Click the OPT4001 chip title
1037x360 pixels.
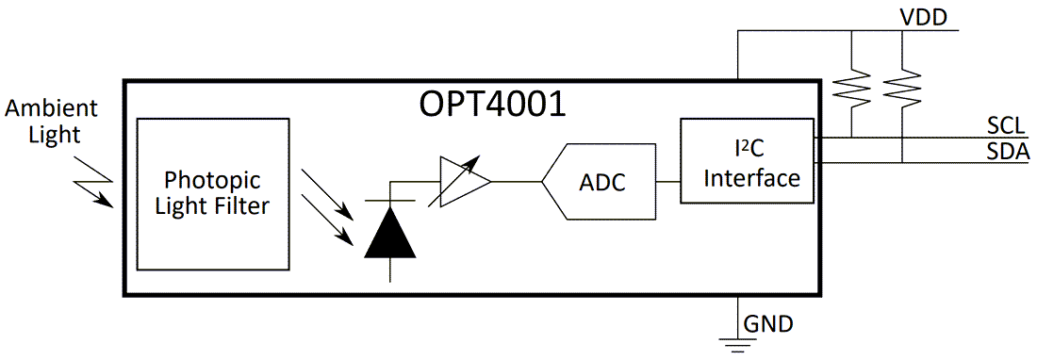coord(492,102)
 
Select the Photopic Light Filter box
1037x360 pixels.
coord(212,194)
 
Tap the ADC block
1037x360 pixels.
coord(600,181)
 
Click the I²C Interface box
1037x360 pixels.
coord(747,161)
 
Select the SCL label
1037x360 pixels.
coord(1007,125)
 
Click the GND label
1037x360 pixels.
coord(768,325)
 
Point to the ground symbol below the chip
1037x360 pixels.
coord(737,344)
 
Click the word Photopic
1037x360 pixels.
coord(212,179)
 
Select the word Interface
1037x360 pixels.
coord(751,177)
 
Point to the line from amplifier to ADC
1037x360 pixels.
coord(517,181)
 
